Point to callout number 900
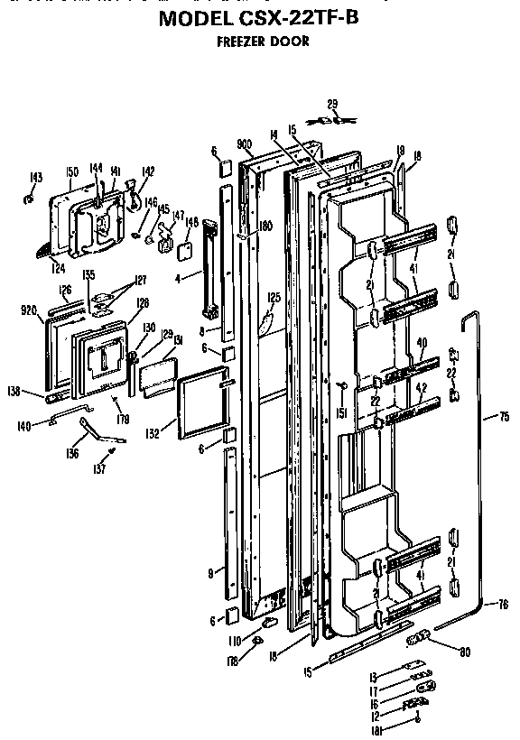point(243,144)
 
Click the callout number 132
point(153,434)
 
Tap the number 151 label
point(341,414)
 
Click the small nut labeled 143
point(30,195)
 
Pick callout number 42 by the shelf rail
point(421,389)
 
